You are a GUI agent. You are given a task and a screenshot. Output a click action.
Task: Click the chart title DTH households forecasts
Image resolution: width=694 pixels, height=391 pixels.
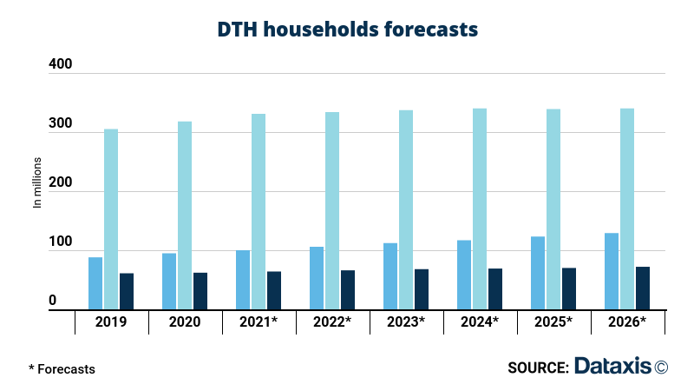347,29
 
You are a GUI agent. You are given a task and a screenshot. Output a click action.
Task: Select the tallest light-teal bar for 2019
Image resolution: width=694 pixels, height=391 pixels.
111,219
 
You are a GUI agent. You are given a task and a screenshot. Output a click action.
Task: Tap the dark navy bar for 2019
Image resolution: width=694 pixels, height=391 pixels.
127,291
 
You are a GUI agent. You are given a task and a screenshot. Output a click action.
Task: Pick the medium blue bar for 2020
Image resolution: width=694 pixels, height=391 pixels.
169,281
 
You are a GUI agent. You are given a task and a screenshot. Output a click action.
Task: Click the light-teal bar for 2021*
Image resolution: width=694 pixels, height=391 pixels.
259,211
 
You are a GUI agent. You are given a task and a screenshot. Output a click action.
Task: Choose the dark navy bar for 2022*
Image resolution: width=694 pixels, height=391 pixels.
348,289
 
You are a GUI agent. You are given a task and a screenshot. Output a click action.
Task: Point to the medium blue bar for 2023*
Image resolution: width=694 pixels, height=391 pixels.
390,275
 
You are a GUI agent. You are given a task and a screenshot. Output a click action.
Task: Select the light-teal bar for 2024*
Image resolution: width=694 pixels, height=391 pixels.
480,209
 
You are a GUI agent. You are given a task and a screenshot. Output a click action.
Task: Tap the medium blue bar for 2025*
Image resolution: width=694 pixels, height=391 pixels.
538,272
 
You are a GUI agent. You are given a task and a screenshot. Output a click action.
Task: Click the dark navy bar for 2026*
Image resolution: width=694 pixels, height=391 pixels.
643,288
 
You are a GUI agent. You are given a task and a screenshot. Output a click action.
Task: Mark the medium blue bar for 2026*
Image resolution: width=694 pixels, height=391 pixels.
612,270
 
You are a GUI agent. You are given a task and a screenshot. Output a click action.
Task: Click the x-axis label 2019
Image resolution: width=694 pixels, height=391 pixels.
111,322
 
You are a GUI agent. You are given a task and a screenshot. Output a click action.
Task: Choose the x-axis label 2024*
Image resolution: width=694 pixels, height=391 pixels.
480,322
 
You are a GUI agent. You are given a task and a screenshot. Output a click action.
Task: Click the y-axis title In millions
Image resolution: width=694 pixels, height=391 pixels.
37,182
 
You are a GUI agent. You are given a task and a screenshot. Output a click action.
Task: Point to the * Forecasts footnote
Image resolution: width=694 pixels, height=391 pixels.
62,368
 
